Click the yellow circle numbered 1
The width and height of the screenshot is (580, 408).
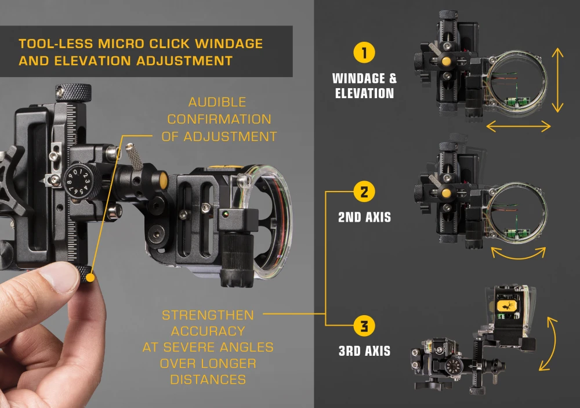pos(364,53)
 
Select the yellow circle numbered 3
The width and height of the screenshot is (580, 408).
pos(364,326)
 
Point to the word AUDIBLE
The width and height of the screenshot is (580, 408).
pos(217,102)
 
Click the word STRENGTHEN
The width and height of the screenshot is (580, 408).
pos(208,315)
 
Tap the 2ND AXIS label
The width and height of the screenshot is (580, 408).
pos(364,218)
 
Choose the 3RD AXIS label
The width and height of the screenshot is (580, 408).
pos(364,351)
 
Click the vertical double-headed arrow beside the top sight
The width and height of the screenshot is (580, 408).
pos(557,80)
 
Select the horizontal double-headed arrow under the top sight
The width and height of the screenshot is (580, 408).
pos(518,125)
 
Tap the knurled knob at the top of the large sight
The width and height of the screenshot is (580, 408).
pos(73,91)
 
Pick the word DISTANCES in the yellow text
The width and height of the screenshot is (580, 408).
pos(208,379)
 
